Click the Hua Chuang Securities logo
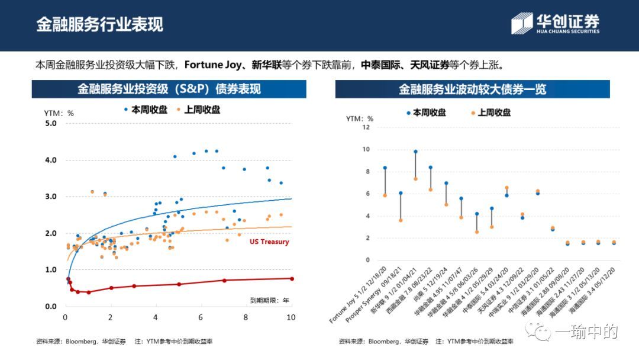point(555,24)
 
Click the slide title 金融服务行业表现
point(99,24)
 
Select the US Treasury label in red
point(269,242)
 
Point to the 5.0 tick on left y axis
point(50,123)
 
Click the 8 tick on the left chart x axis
point(246,318)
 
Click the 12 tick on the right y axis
point(366,127)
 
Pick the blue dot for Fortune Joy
point(385,168)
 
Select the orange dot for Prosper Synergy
point(401,220)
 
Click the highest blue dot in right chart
point(415,152)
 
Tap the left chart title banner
point(169,89)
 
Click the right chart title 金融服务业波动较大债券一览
point(472,89)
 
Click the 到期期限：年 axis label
point(269,301)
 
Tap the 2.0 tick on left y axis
point(50,233)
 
